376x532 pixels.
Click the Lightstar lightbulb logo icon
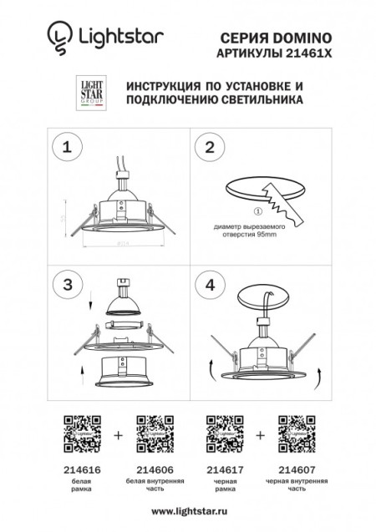[x=56, y=37]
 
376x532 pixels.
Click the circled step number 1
[x=66, y=148]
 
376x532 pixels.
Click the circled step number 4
[x=211, y=284]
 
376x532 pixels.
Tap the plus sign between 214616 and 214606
[x=117, y=435]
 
